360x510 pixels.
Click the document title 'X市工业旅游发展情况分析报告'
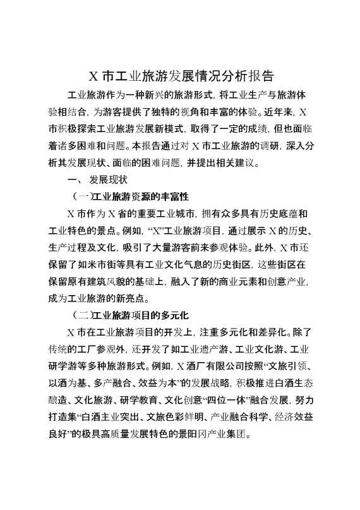tap(180, 77)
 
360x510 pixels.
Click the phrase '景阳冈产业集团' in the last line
tap(218, 434)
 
